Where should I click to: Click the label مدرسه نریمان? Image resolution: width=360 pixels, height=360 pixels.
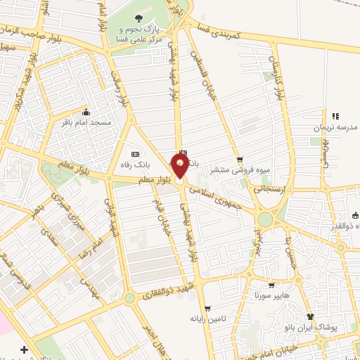pos(336,127)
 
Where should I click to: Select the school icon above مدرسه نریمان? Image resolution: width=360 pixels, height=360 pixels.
pos(335,116)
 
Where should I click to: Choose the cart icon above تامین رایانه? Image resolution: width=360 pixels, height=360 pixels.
pos(207,308)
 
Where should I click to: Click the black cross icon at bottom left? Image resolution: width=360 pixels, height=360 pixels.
pos(25,349)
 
